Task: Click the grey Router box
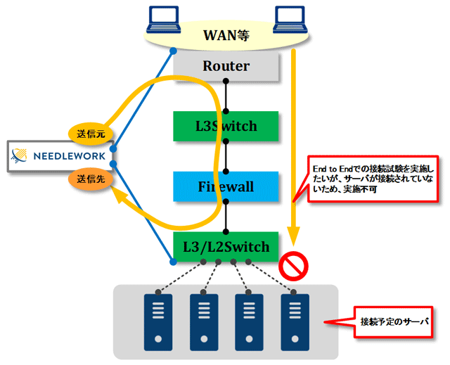226,66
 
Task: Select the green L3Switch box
226,127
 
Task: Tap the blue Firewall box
226,186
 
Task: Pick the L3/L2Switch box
226,247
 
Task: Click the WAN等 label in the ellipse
226,35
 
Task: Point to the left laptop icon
164,20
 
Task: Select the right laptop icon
290,20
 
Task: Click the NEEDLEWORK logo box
60,156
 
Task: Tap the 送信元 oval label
91,134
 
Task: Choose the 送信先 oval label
91,179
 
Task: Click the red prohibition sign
293,266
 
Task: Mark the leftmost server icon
158,322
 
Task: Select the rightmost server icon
295,322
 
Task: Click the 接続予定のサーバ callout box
393,322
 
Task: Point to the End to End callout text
373,179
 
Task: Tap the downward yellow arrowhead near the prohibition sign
293,236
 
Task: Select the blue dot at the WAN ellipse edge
173,51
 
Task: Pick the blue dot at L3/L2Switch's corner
173,262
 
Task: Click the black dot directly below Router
226,81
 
